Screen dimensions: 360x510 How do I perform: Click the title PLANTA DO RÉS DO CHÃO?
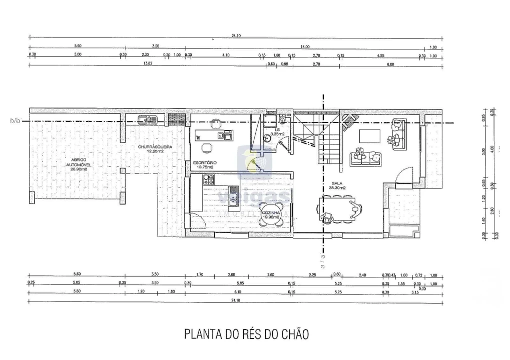[246, 333]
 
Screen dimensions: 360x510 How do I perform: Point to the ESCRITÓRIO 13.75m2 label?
[205, 164]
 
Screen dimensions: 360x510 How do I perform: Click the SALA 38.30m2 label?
[336, 185]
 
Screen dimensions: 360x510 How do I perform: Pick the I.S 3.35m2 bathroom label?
[277, 132]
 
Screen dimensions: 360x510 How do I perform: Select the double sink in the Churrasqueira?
[148, 119]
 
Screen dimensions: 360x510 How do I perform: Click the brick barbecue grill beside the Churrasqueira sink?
[177, 118]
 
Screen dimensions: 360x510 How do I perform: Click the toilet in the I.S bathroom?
[283, 119]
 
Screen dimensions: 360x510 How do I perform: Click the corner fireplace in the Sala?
[348, 119]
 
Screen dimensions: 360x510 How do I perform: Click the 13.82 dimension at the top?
[148, 63]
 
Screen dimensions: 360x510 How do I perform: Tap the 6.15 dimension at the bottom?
[238, 291]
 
